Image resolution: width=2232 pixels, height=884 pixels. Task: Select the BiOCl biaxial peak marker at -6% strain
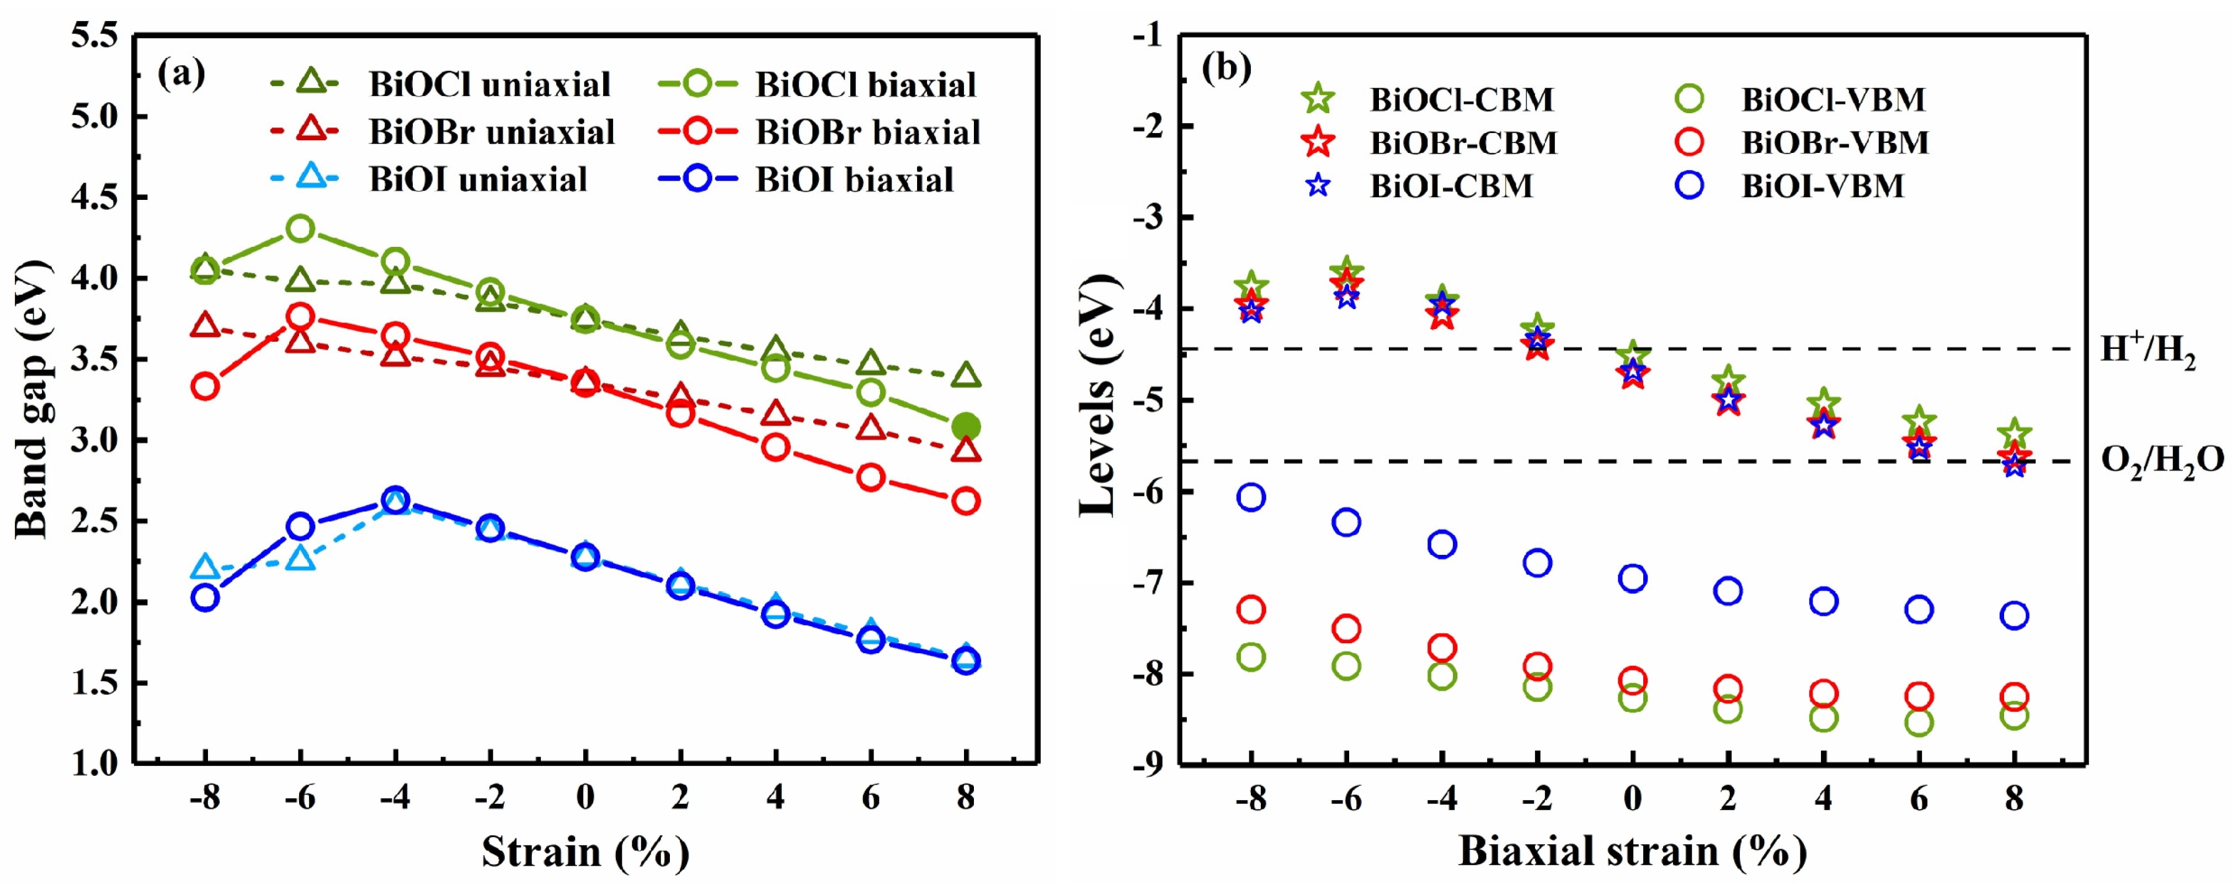click(300, 229)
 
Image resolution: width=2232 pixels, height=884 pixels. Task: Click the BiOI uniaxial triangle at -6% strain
click(300, 558)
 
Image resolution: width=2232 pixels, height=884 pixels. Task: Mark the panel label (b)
click(1226, 67)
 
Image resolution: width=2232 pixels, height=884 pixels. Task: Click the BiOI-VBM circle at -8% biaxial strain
click(1250, 496)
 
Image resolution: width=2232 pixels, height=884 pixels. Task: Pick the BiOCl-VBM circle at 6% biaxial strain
click(1919, 722)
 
